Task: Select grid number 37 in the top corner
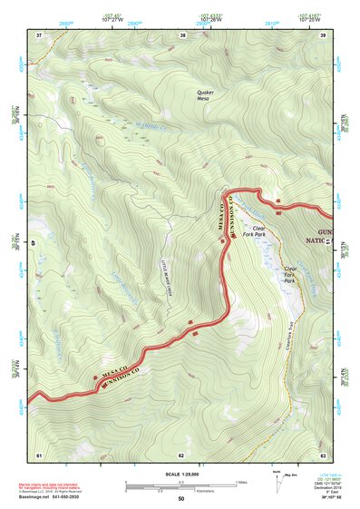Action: pos(39,35)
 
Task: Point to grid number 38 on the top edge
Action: pos(183,35)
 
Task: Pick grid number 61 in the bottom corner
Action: pos(39,454)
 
